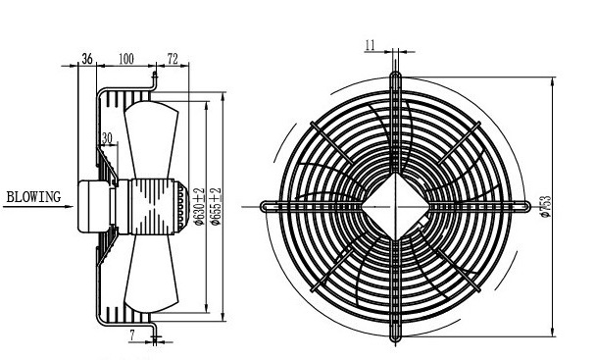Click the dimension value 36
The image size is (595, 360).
87,59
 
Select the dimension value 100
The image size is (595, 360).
126,59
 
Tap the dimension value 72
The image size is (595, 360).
173,59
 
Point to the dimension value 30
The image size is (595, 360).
107,138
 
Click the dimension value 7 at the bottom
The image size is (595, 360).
132,334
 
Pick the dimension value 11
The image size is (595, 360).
370,45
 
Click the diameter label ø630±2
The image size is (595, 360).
199,207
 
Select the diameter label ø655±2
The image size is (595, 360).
216,207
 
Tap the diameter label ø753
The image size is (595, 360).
545,207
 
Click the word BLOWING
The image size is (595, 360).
33,197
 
